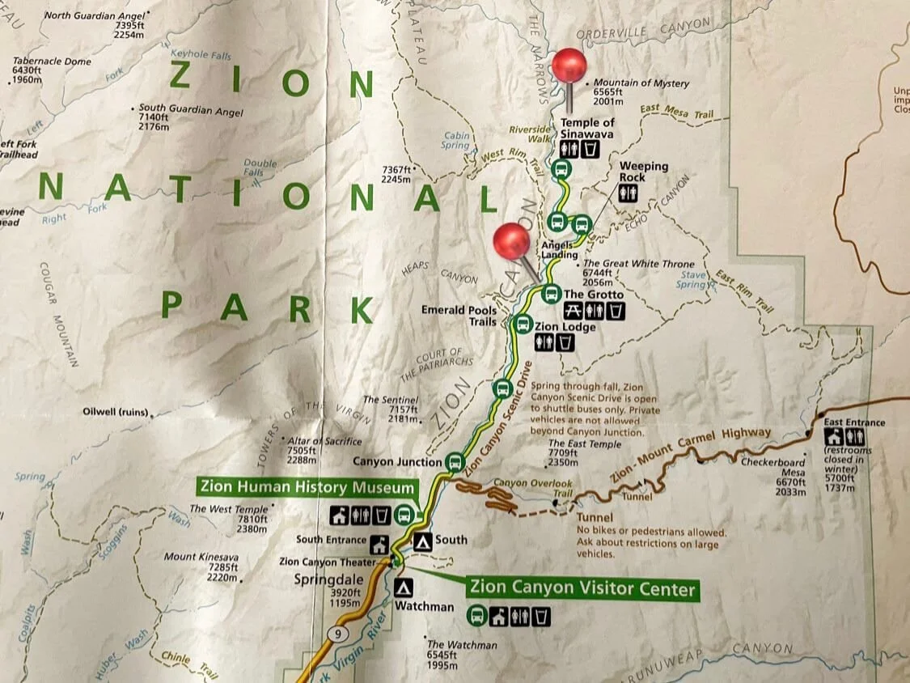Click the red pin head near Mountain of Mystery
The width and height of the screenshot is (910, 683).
[569, 66]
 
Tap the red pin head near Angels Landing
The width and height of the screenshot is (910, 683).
[511, 241]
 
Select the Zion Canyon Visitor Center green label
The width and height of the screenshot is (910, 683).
[582, 588]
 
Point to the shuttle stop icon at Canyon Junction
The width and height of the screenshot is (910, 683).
[455, 463]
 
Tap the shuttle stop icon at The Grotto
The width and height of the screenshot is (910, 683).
[551, 293]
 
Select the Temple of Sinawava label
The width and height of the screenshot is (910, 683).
[587, 128]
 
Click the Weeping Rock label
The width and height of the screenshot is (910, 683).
[644, 172]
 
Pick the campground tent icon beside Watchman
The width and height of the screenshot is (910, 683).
[404, 588]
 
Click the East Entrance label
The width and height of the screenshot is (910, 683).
[854, 422]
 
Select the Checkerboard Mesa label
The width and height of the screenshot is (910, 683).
[773, 467]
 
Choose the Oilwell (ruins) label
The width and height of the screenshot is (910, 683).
[116, 412]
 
